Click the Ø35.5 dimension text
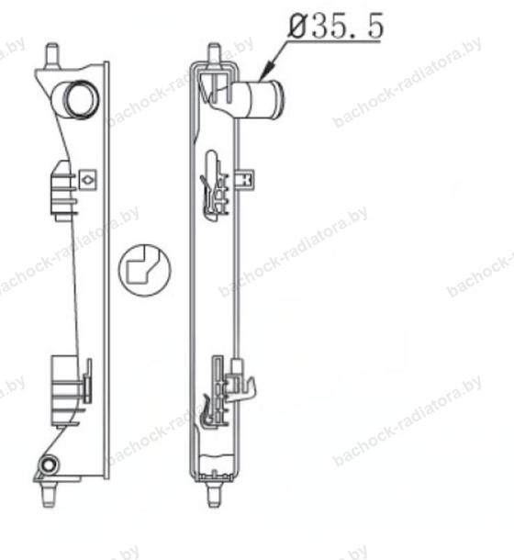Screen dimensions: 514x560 [x=336, y=26]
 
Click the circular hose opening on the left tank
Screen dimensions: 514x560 [x=81, y=98]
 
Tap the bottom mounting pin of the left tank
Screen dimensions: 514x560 [x=49, y=494]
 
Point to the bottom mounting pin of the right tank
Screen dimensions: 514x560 [x=214, y=494]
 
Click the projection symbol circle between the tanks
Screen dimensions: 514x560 [x=145, y=270]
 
